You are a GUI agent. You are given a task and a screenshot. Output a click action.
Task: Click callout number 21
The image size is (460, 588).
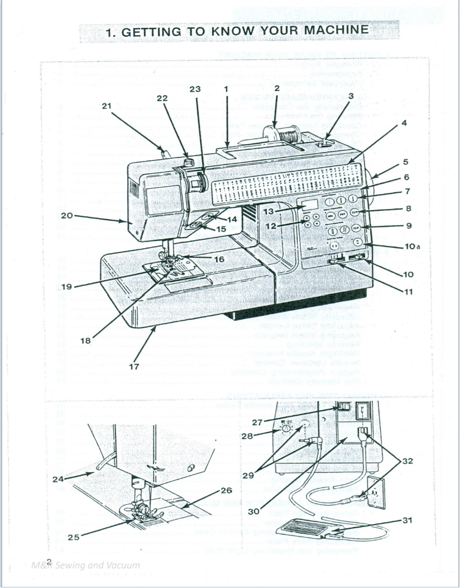coord(107,105)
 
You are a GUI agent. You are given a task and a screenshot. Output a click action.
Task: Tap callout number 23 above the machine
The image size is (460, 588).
coord(195,88)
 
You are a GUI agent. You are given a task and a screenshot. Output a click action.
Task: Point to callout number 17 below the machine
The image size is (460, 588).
coord(134,367)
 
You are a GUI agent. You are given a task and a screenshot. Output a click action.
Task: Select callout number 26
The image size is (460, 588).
coord(226,490)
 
